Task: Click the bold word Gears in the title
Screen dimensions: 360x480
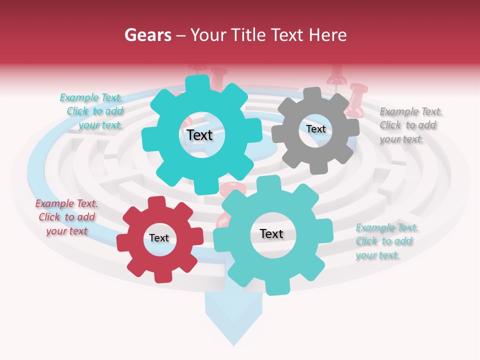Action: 148,35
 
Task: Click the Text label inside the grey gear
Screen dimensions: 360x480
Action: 316,129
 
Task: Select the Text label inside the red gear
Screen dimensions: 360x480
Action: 159,238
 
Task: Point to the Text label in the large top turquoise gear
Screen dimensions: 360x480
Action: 199,135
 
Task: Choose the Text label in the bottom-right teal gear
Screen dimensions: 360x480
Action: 271,234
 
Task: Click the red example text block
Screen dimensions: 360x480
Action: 66,217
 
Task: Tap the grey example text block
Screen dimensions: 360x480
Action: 411,125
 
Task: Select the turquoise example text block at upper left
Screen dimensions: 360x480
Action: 92,111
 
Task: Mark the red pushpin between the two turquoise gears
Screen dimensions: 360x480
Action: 233,189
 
